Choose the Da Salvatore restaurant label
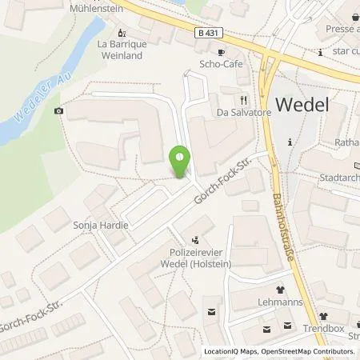[x=240, y=113]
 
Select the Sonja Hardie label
[x=101, y=226]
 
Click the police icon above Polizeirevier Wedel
[x=197, y=238]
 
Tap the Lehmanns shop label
[x=281, y=304]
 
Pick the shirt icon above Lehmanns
[x=281, y=290]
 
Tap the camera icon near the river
[x=58, y=110]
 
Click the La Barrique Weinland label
[x=120, y=50]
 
